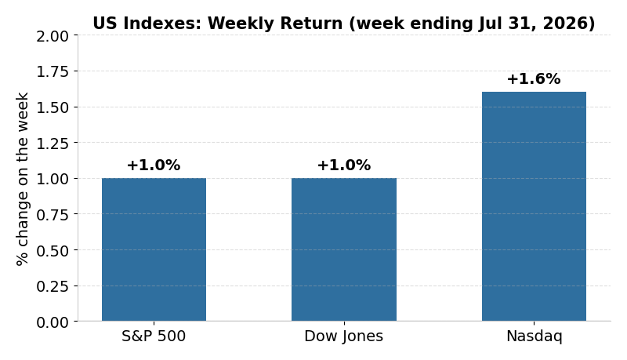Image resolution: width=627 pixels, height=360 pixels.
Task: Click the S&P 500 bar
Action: pyautogui.click(x=154, y=249)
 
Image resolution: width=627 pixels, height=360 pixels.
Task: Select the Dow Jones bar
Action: pyautogui.click(x=344, y=249)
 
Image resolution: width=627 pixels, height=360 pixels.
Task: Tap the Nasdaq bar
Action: pyautogui.click(x=534, y=206)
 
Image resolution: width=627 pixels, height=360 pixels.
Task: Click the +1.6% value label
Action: pyautogui.click(x=534, y=78)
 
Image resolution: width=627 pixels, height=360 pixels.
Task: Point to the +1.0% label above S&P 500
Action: pyautogui.click(x=154, y=165)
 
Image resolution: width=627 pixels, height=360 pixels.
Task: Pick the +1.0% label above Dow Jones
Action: pyautogui.click(x=344, y=165)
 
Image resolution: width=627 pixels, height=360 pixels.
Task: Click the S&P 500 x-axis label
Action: pyautogui.click(x=154, y=336)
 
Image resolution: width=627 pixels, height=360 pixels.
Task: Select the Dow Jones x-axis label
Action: pyautogui.click(x=344, y=336)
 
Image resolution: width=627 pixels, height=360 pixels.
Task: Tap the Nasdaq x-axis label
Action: pyautogui.click(x=535, y=336)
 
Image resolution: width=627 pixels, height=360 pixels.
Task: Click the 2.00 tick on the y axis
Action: pyautogui.click(x=53, y=36)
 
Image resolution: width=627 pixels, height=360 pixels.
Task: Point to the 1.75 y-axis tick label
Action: pyautogui.click(x=53, y=72)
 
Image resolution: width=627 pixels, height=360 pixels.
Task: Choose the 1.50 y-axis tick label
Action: pyautogui.click(x=53, y=107)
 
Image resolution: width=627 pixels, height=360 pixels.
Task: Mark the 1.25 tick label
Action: pyautogui.click(x=53, y=144)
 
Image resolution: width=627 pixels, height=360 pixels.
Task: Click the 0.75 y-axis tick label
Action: pyautogui.click(x=53, y=215)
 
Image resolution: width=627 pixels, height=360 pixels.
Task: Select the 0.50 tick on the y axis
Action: pyautogui.click(x=53, y=251)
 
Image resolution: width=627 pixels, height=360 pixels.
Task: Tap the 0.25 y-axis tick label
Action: pyautogui.click(x=53, y=286)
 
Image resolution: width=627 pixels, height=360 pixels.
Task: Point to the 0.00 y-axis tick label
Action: pyautogui.click(x=53, y=322)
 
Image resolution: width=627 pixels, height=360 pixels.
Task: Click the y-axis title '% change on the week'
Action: pyautogui.click(x=23, y=179)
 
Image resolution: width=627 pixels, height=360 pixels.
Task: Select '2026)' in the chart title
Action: pyautogui.click(x=569, y=24)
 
